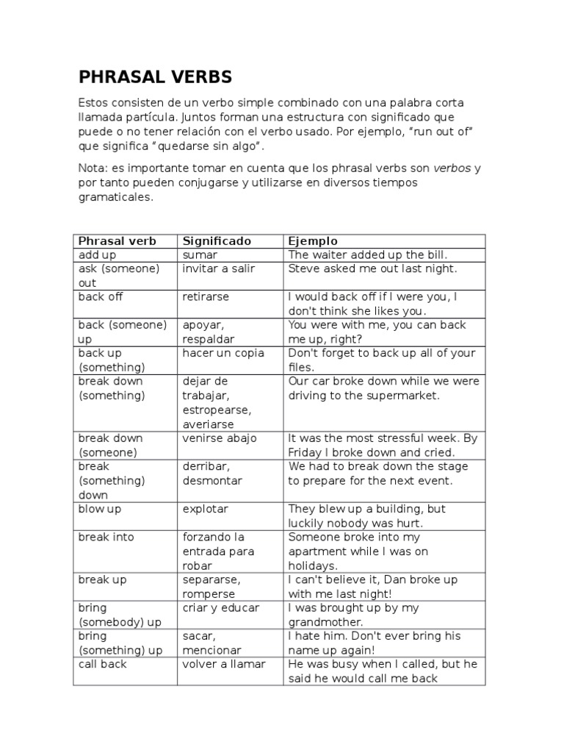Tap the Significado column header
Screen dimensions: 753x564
217,241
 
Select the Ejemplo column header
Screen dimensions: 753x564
313,241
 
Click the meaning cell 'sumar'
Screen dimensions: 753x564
200,254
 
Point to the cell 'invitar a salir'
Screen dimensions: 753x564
219,268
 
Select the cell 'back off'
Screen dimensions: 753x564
101,297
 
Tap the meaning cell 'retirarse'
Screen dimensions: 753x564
206,297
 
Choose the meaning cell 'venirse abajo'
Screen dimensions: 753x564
220,438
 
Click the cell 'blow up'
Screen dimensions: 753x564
101,509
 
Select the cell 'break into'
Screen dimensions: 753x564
106,537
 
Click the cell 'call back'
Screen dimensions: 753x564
102,664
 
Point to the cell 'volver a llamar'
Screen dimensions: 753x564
224,664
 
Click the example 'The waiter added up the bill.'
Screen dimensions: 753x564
368,254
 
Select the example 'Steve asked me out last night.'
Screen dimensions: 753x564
372,268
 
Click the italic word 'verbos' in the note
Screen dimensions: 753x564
452,168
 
